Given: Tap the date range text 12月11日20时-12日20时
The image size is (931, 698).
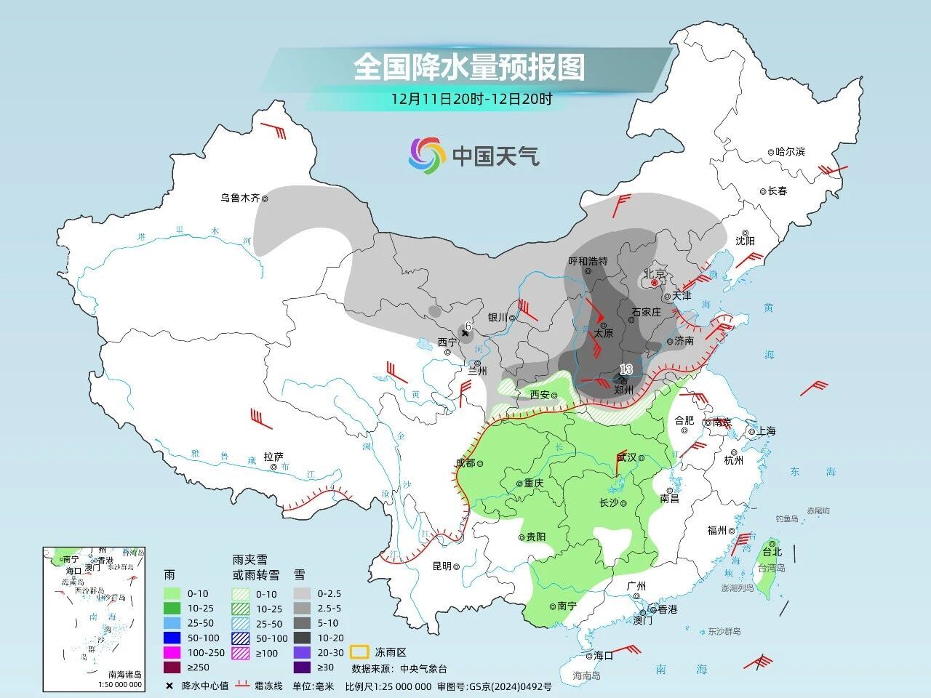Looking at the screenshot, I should (471, 100).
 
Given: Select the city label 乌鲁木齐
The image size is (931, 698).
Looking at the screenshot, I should (240, 198).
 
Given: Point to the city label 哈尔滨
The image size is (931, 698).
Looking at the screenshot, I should (790, 152).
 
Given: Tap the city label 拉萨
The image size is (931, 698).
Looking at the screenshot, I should (273, 457).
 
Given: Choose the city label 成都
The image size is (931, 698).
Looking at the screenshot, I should (465, 462).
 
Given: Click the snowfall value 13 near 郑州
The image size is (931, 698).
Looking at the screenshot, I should (626, 369).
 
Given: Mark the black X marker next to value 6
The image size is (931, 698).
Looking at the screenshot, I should (465, 333).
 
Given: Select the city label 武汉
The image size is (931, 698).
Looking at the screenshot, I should (626, 457).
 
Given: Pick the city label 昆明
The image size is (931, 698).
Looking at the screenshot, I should (442, 566).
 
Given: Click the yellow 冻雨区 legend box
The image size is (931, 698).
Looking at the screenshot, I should (359, 651).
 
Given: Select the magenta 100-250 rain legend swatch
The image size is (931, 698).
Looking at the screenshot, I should (172, 652).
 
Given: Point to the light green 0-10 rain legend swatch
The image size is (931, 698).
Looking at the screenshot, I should (172, 594).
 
